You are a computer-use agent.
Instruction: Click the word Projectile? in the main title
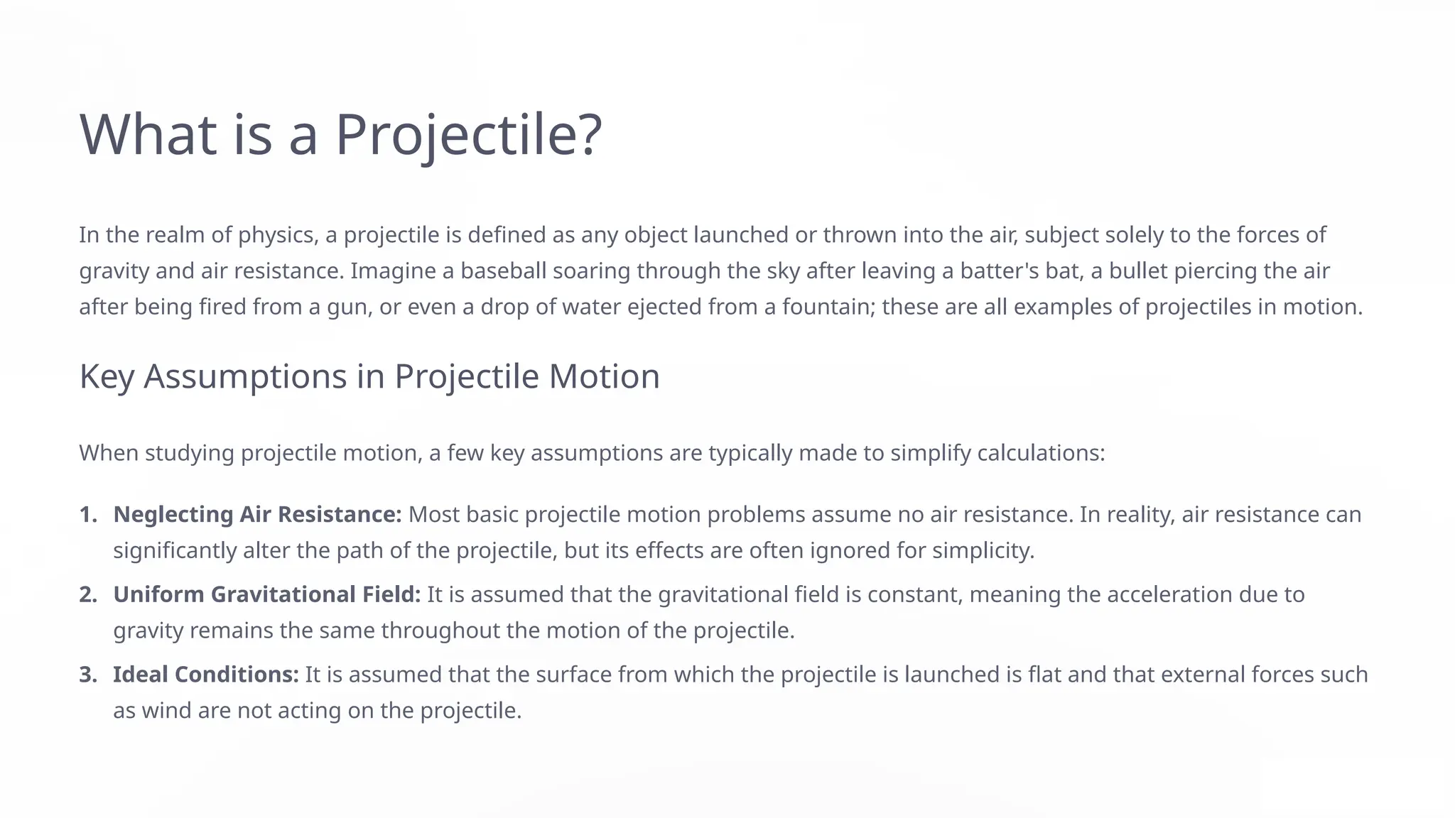coord(469,135)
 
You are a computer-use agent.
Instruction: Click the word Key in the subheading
coord(107,376)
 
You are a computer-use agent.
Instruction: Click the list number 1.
coord(87,515)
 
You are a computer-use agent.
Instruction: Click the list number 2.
coord(87,595)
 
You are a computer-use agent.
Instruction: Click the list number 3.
coord(87,675)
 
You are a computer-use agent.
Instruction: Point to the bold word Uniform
coord(159,595)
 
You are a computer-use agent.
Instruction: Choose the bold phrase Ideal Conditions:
coord(206,675)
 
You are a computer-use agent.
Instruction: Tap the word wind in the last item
coord(166,711)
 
